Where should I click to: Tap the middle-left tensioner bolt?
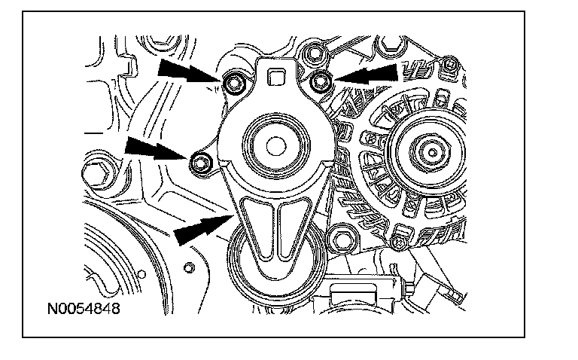[200, 161]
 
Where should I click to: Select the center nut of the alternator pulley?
[433, 151]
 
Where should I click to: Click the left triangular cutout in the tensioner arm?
[260, 226]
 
